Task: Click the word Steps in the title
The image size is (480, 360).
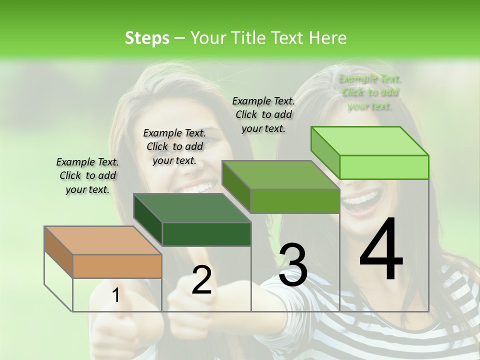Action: click(x=147, y=38)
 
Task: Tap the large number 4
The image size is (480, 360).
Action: click(x=381, y=249)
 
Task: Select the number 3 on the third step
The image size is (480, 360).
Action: click(x=293, y=265)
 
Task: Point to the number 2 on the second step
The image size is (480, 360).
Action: click(x=201, y=280)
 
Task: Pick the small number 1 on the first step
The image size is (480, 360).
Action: click(x=115, y=295)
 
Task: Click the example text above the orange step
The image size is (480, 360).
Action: click(x=87, y=175)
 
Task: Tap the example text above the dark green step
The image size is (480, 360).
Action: click(x=174, y=146)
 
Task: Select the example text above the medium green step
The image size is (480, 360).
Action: click(x=263, y=114)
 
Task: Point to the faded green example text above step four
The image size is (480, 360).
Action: click(x=369, y=92)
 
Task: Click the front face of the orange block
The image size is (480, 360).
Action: click(x=117, y=266)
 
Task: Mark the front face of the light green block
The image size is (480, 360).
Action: click(x=384, y=167)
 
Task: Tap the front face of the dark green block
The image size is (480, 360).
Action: click(x=206, y=234)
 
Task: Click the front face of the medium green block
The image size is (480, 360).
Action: click(x=295, y=201)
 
